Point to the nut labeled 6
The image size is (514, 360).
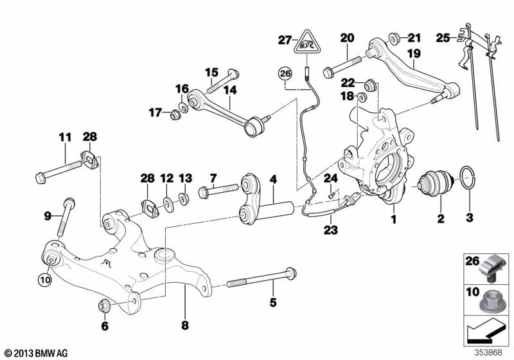point(103,305)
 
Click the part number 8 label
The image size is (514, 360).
point(185,326)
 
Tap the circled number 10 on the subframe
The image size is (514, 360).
point(44,280)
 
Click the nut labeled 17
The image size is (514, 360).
point(173,115)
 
